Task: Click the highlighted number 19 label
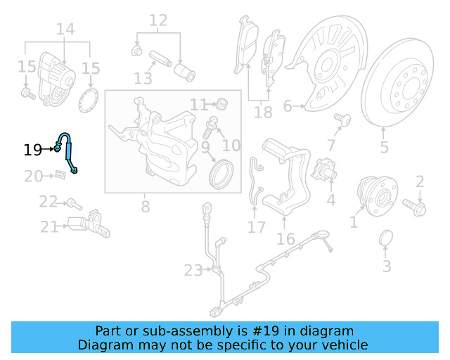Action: pos(33,150)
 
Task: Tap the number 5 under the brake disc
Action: pos(384,148)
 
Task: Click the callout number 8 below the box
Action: pos(146,207)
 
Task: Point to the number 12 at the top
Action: pos(158,20)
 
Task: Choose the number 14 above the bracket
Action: pos(65,30)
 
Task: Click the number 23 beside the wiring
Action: pos(193,270)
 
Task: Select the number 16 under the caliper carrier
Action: pos(285,239)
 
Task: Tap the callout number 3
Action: pos(387,266)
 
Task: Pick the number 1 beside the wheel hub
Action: pos(354,223)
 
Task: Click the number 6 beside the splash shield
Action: pos(287,107)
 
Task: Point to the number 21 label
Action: pos(49,227)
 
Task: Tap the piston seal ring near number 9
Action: pos(222,173)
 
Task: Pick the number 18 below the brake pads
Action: pos(262,112)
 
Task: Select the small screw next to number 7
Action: pos(343,119)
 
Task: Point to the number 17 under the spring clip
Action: pos(257,227)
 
